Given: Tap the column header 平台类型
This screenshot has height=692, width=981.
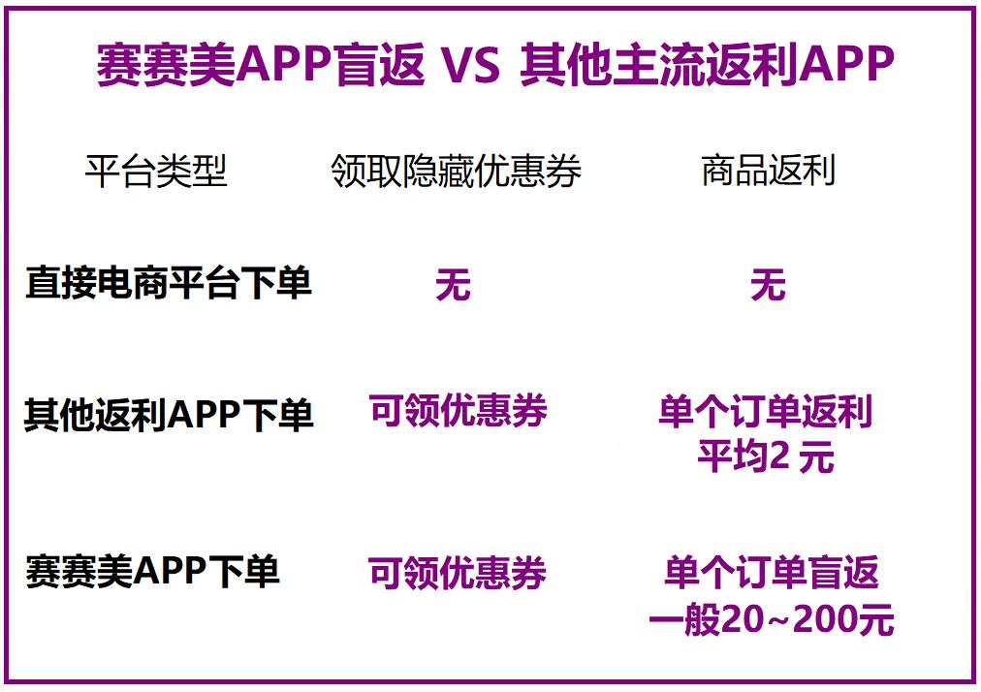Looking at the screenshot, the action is (156, 171).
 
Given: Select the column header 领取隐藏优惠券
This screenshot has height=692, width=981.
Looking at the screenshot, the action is (457, 171).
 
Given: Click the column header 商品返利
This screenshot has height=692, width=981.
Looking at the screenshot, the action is (769, 171).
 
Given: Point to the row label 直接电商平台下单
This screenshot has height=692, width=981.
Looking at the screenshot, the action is (169, 282).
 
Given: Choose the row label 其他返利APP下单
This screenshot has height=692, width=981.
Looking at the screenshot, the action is (169, 414).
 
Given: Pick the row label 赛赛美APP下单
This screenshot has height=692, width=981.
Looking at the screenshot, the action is (152, 571).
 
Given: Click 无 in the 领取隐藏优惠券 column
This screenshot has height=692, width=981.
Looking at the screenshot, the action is (453, 285).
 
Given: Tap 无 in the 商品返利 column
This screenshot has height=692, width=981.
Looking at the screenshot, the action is (769, 285).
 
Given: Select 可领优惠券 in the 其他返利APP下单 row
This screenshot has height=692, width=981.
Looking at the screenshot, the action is (458, 410).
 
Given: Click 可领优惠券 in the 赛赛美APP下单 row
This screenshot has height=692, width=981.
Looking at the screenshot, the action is (458, 573).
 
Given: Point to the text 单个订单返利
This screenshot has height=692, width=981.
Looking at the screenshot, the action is (765, 412).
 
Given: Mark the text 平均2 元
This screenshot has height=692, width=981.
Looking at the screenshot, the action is (766, 456).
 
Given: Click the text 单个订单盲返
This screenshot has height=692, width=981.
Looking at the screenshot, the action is (772, 572).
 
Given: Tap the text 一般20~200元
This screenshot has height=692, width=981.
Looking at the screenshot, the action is (772, 619).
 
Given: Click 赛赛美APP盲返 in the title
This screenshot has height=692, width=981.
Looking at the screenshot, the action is (260, 64).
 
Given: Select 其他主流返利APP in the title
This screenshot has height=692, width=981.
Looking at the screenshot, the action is (707, 64).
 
